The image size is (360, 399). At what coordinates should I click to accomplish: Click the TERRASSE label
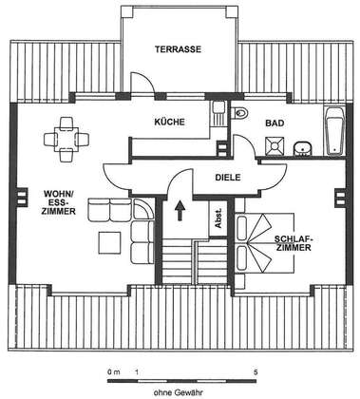pos(178,49)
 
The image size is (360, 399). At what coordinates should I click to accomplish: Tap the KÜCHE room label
pos(169,122)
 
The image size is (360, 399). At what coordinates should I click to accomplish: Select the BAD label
pos(275,123)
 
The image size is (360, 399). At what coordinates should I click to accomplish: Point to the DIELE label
pos(228,178)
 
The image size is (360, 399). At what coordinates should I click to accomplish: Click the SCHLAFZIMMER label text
pos(294,243)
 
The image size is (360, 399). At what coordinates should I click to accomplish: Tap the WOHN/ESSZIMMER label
pos(59,202)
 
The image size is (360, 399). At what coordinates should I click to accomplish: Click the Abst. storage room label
pos(218,218)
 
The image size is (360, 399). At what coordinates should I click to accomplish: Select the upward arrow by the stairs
pos(180,210)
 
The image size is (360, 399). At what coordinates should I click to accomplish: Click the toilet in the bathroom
pos(239,112)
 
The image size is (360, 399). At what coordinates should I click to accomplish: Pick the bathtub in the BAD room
pos(334,132)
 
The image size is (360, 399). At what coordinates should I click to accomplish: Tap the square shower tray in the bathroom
pos(275,146)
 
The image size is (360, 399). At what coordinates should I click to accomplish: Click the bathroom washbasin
pos(302,148)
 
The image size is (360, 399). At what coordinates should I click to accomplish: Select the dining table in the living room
pos(66,139)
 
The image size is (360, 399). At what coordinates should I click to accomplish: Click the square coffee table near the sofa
pos(109,242)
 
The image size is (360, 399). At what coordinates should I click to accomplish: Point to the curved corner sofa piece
pos(142,209)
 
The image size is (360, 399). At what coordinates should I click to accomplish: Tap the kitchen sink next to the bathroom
pos(218,113)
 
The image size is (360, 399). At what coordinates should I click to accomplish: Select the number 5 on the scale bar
pos(256,372)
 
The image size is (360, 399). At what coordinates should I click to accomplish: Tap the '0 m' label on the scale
pos(114,372)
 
